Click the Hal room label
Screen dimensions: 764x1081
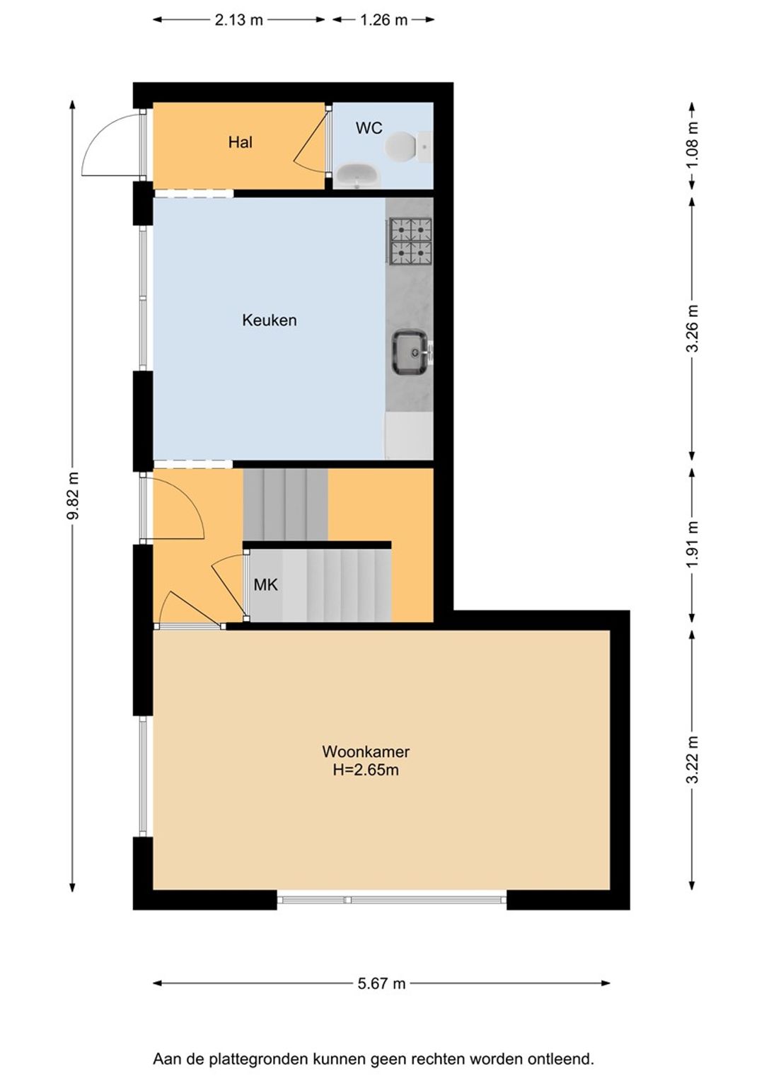pyautogui.click(x=240, y=142)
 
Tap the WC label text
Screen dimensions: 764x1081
pyautogui.click(x=369, y=128)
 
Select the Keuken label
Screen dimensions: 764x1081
pyautogui.click(x=270, y=320)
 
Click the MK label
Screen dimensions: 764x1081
pyautogui.click(x=265, y=585)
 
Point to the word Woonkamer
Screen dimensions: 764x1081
pyautogui.click(x=366, y=751)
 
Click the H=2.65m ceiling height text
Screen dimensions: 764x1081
pyautogui.click(x=366, y=770)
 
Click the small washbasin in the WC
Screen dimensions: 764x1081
pyautogui.click(x=358, y=175)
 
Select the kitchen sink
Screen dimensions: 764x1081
pyautogui.click(x=411, y=352)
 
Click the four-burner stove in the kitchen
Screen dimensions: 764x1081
pyautogui.click(x=411, y=241)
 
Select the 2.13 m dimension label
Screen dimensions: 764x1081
pyautogui.click(x=239, y=21)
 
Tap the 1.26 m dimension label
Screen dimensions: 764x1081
pyautogui.click(x=383, y=21)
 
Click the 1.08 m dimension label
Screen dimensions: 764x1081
pyautogui.click(x=693, y=145)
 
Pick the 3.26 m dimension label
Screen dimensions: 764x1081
pyautogui.click(x=693, y=329)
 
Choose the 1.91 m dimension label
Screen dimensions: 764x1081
pyautogui.click(x=693, y=545)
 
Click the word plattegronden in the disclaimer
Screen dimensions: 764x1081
pyautogui.click(x=259, y=1060)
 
